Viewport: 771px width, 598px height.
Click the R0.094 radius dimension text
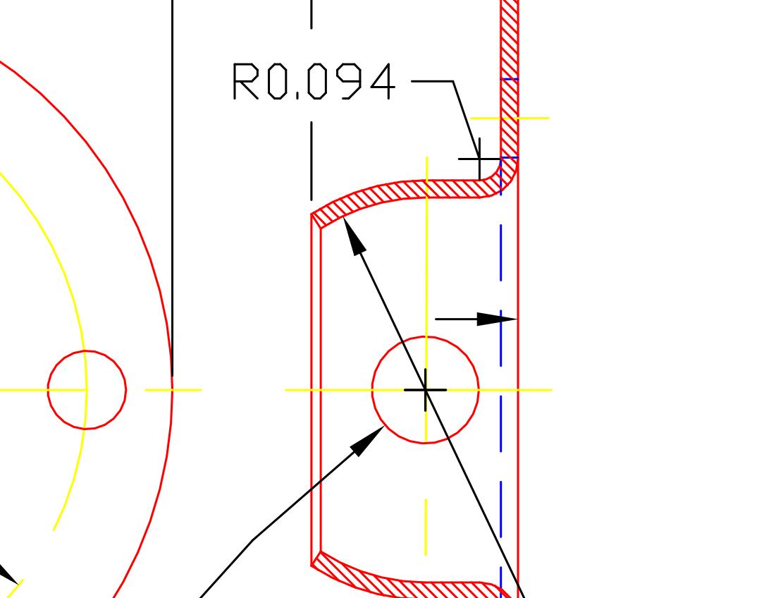(314, 82)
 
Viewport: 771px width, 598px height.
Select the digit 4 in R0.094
(381, 82)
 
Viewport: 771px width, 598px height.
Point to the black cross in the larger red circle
(426, 389)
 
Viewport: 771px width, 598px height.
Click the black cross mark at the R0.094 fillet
(479, 159)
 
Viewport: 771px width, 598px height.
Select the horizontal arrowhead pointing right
(497, 319)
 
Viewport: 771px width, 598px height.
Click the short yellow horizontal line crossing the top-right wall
(536, 118)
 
